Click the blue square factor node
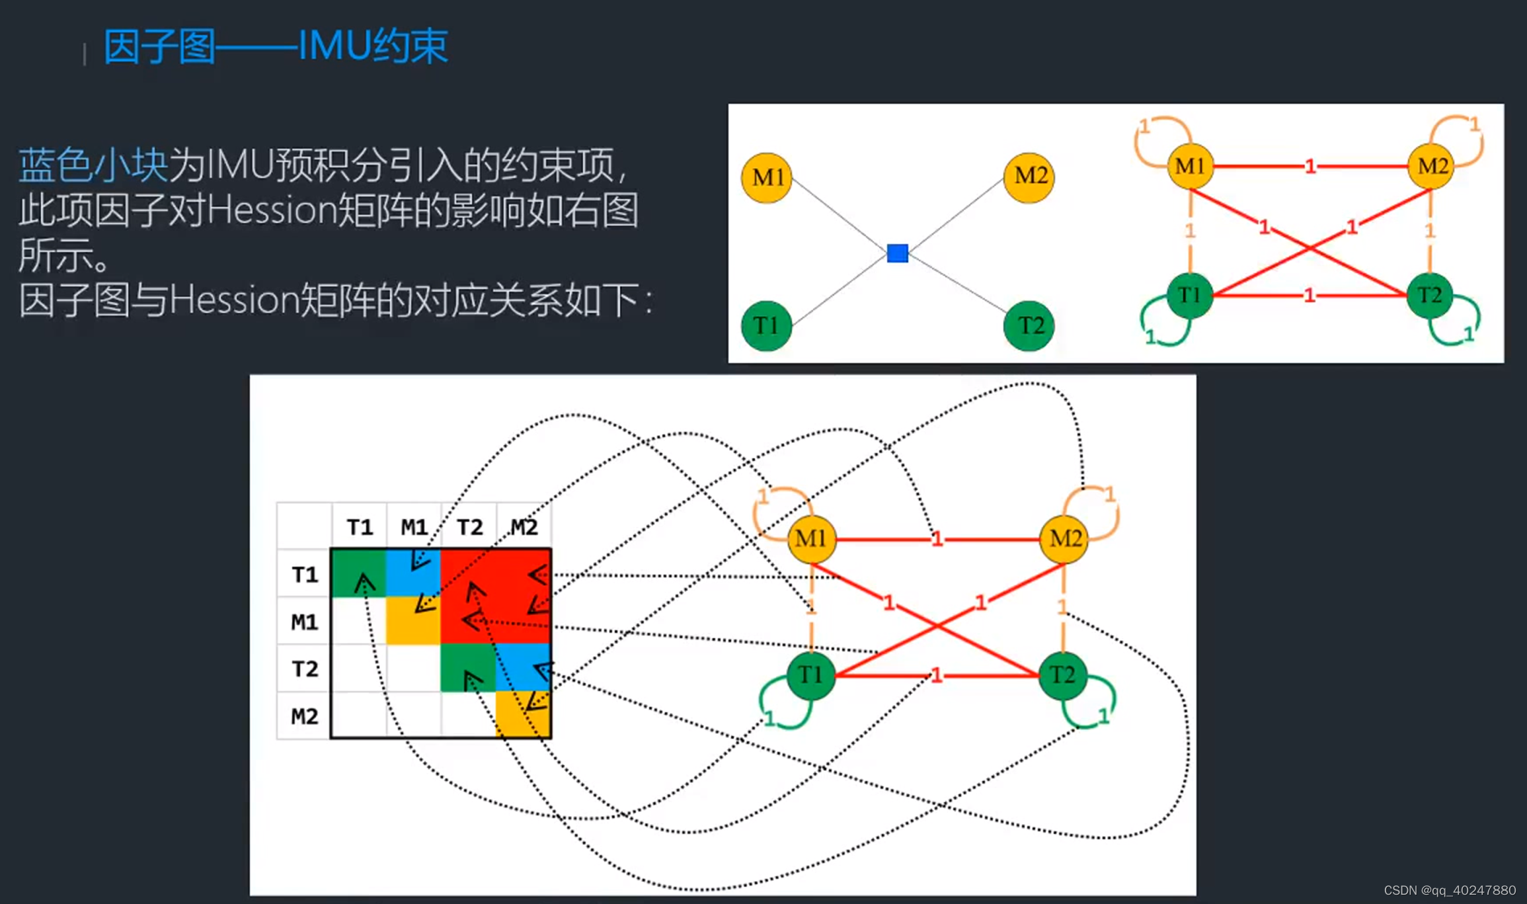[897, 253]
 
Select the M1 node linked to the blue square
[767, 177]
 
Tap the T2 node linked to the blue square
[1029, 325]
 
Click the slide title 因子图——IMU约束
[275, 46]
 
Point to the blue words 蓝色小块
[93, 165]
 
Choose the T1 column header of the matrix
[360, 527]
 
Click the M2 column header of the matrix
[524, 527]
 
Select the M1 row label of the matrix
[304, 622]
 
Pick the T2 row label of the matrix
[304, 669]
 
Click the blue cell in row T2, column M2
[523, 668]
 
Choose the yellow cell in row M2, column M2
[523, 715]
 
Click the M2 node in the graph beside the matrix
[1064, 539]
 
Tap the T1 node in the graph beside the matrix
[810, 675]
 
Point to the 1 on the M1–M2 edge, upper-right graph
[1310, 167]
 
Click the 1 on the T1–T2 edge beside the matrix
[936, 675]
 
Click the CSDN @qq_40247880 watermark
[1449, 890]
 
